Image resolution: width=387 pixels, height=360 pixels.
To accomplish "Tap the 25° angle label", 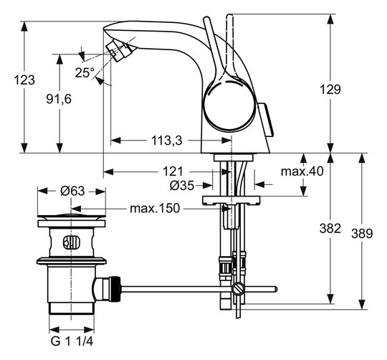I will pyautogui.click(x=84, y=72).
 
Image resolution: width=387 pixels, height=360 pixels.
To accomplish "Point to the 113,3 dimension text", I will pyautogui.click(x=165, y=141).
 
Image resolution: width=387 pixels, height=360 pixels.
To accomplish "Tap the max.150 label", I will pyautogui.click(x=154, y=209).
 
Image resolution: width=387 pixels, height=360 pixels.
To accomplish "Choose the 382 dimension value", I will pyautogui.click(x=330, y=229).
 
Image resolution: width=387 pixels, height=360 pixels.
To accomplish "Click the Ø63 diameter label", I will pyautogui.click(x=72, y=191).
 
